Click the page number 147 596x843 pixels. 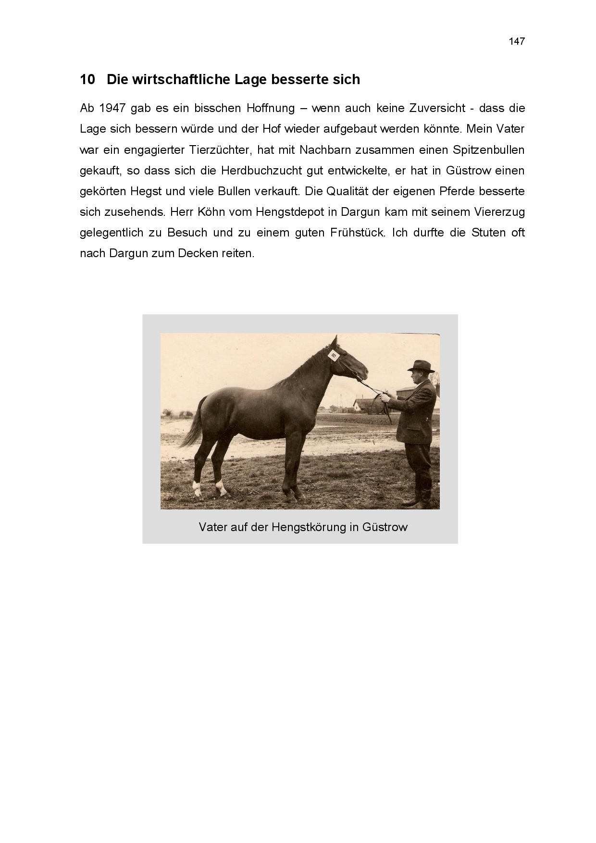[517, 41]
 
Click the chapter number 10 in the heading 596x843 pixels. [87, 79]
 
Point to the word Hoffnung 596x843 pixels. [271, 108]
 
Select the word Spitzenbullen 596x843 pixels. [488, 150]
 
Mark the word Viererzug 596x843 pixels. [499, 212]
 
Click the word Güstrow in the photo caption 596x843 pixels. [385, 527]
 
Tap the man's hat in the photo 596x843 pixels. [421, 366]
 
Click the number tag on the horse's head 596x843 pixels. [334, 355]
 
